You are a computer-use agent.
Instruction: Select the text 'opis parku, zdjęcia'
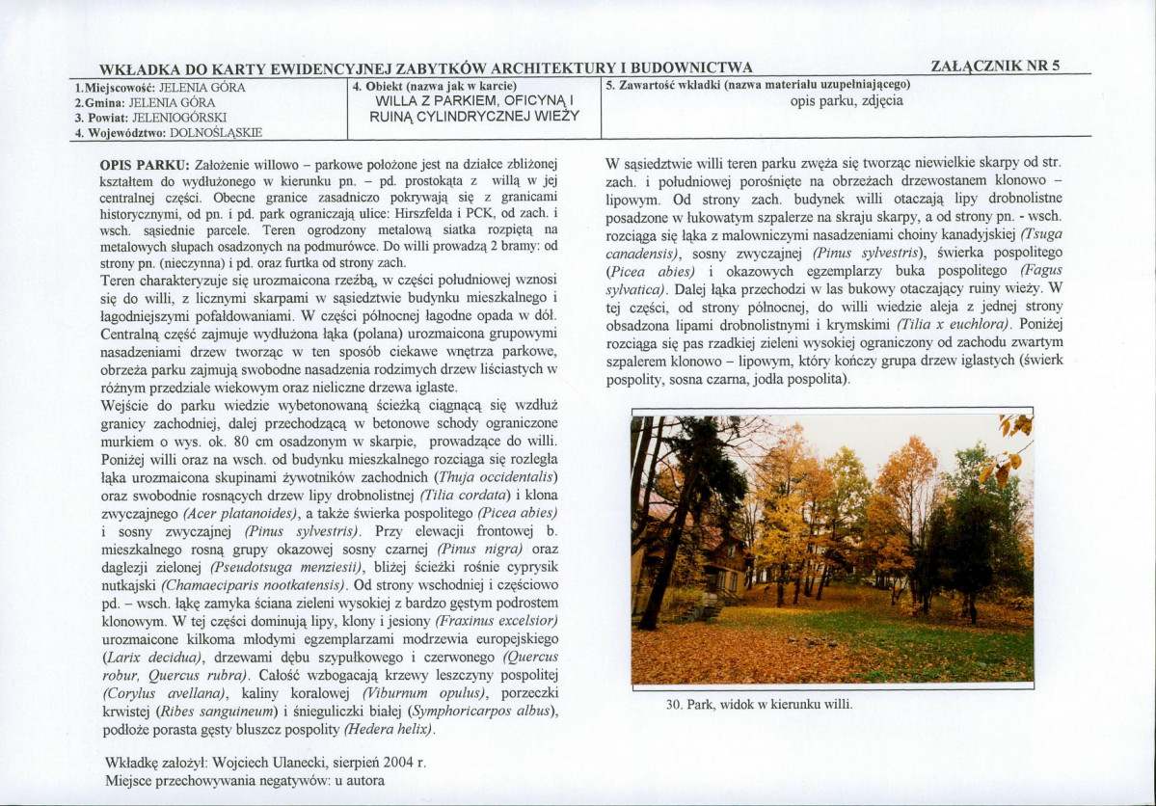846,100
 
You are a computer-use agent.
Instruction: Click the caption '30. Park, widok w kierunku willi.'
759,704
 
